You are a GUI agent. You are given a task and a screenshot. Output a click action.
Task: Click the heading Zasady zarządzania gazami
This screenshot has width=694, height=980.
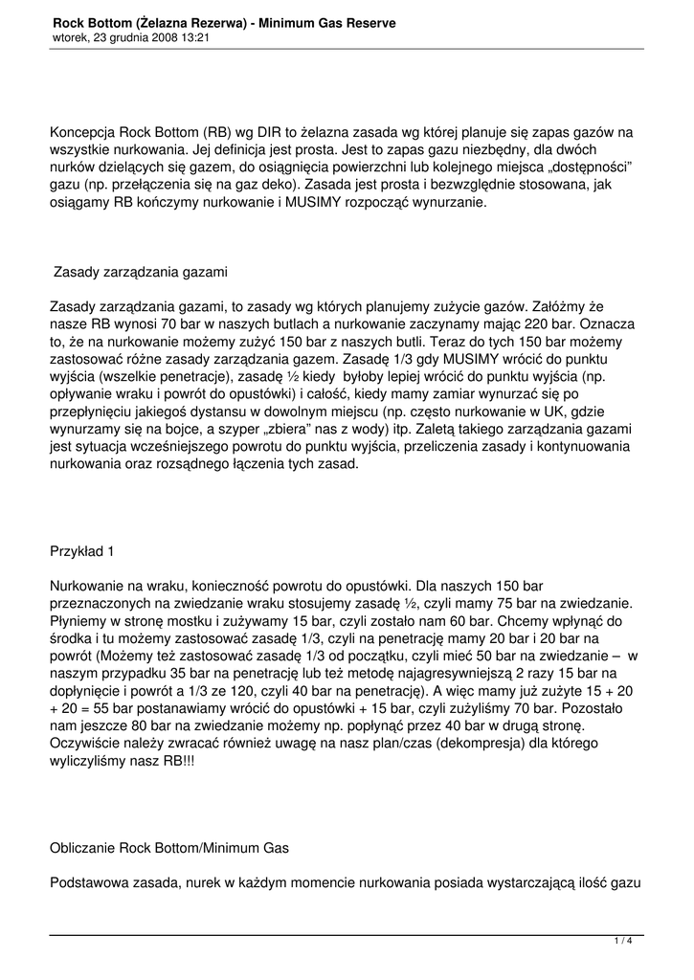pos(141,272)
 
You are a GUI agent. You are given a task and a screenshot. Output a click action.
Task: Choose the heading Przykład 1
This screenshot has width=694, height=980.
pos(81,551)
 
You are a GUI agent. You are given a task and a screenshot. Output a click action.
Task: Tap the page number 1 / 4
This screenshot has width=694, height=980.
pos(623,942)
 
